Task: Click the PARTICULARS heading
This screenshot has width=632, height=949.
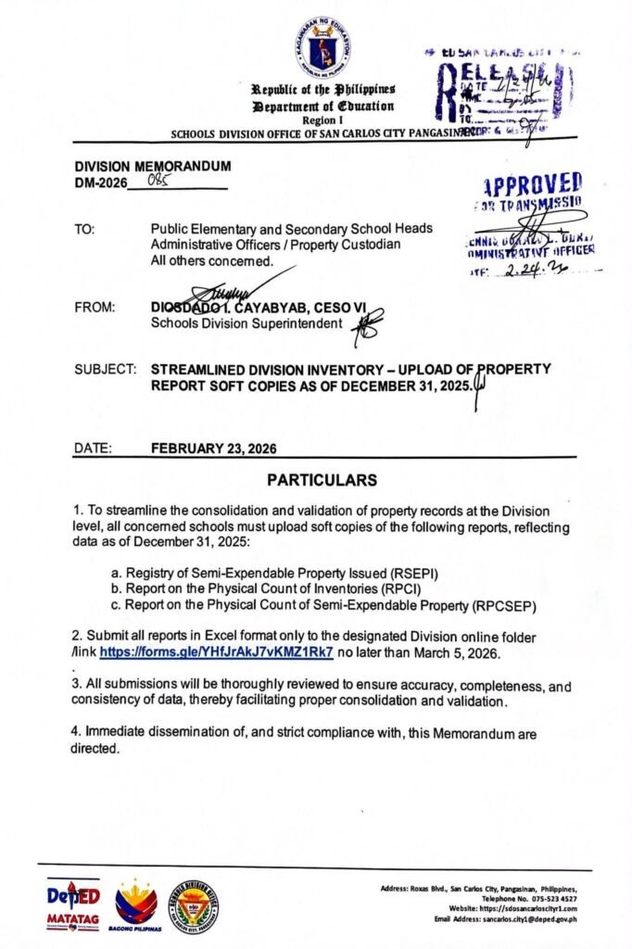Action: tap(322, 480)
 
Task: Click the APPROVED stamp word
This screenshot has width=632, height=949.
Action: tap(533, 183)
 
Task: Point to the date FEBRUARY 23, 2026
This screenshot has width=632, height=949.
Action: tap(213, 449)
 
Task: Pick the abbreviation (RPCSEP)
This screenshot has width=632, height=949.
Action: tap(497, 604)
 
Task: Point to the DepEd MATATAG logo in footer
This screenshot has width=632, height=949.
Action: tap(73, 905)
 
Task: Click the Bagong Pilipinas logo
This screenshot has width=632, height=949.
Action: tap(136, 905)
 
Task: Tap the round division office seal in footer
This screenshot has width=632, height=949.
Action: tap(195, 905)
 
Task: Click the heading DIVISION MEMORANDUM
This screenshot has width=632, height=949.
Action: tap(153, 166)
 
